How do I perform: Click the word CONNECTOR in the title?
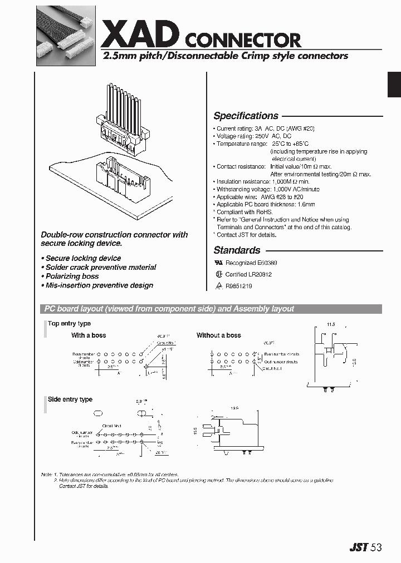click(x=242, y=40)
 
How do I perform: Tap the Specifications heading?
click(x=246, y=116)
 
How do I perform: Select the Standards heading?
click(x=237, y=250)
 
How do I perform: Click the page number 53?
click(x=377, y=547)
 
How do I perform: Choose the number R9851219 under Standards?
click(x=239, y=286)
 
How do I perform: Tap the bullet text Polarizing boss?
click(x=72, y=276)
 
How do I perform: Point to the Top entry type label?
click(x=69, y=323)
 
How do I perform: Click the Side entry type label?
click(x=70, y=399)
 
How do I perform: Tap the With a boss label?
click(x=88, y=335)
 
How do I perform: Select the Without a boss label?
click(x=218, y=335)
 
